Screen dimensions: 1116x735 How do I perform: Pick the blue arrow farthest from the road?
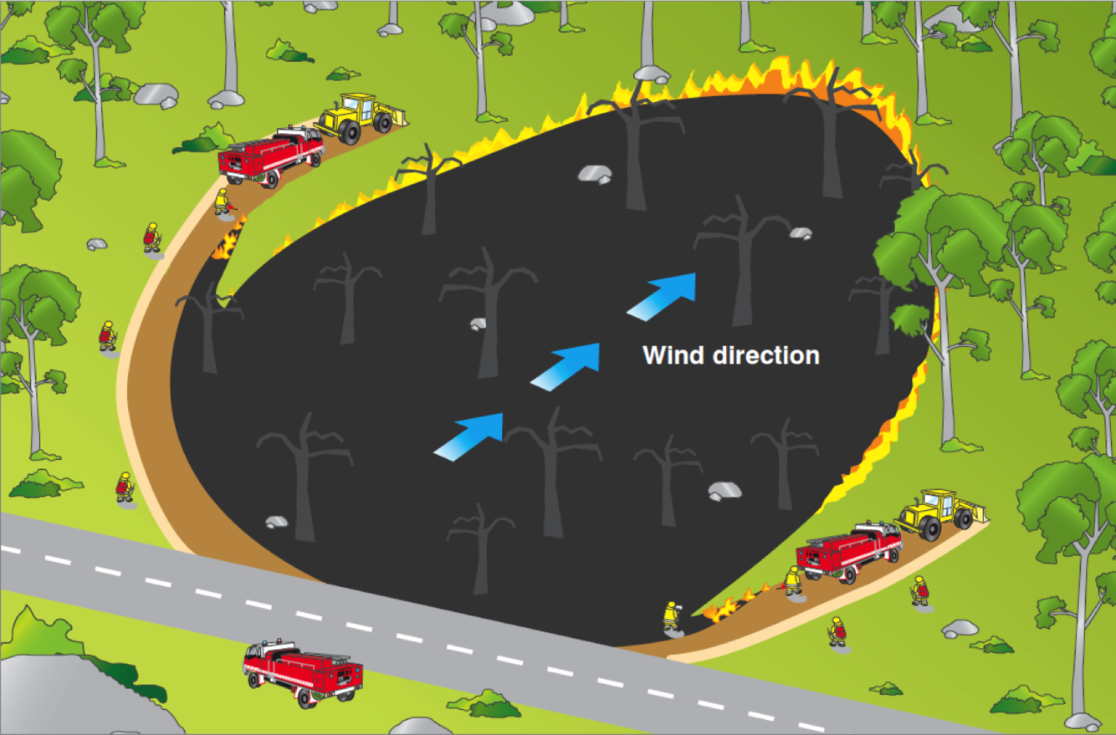pos(663,295)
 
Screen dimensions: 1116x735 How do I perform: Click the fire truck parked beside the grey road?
pos(302,671)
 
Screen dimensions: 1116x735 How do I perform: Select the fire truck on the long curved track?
pos(270,156)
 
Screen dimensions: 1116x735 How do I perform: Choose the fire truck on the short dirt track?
pos(848,551)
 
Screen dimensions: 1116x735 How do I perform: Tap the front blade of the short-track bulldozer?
pos(973,515)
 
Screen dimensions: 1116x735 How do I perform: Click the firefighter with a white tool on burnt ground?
pos(670,616)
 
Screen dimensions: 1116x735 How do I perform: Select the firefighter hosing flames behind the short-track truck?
pos(792,580)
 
